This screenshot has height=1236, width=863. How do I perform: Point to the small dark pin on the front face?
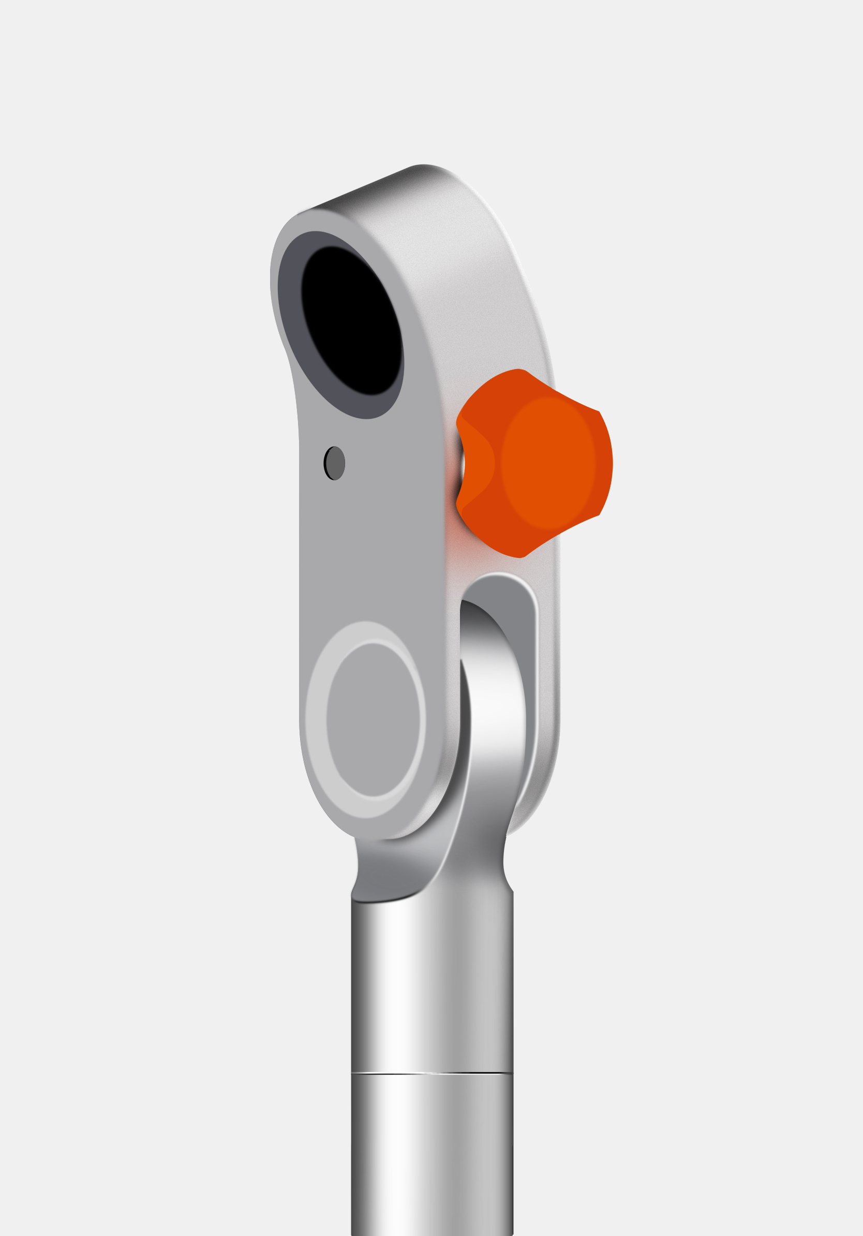[335, 463]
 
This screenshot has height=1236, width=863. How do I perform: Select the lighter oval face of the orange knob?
[548, 463]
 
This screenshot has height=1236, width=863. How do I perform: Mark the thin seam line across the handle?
[432, 1073]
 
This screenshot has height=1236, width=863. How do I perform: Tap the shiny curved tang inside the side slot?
[498, 700]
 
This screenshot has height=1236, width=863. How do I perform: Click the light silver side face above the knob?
[484, 280]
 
